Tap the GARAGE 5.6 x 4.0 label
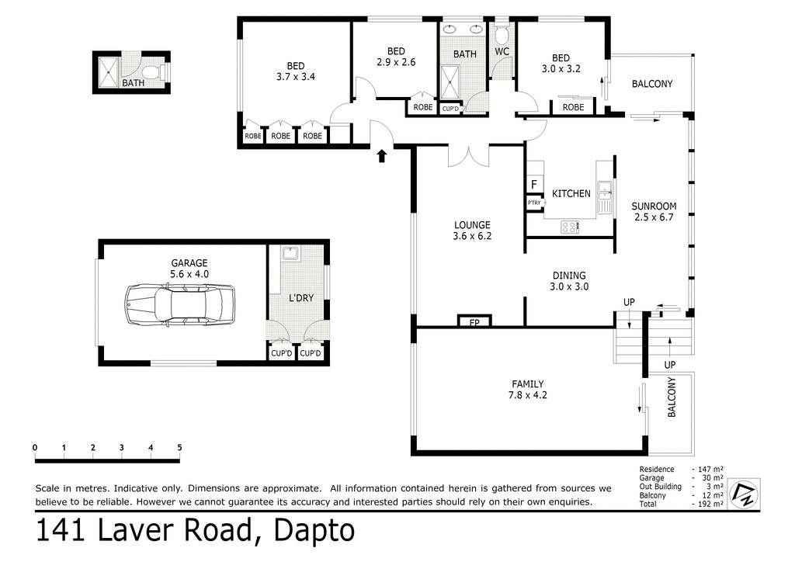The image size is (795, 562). [189, 269]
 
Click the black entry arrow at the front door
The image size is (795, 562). [381, 157]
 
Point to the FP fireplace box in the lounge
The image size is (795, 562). [474, 321]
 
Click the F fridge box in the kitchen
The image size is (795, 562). [533, 185]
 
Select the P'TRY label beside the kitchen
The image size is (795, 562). [534, 203]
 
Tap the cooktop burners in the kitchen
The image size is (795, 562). [570, 227]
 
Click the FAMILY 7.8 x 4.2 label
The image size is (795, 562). [527, 389]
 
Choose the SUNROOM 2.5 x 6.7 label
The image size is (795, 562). [654, 212]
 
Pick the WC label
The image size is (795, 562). [502, 53]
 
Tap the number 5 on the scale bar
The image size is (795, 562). [179, 447]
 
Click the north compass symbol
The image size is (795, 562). [743, 494]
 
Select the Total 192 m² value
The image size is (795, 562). [707, 504]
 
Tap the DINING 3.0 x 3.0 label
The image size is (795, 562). [570, 280]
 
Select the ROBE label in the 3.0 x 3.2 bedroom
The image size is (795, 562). [573, 107]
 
